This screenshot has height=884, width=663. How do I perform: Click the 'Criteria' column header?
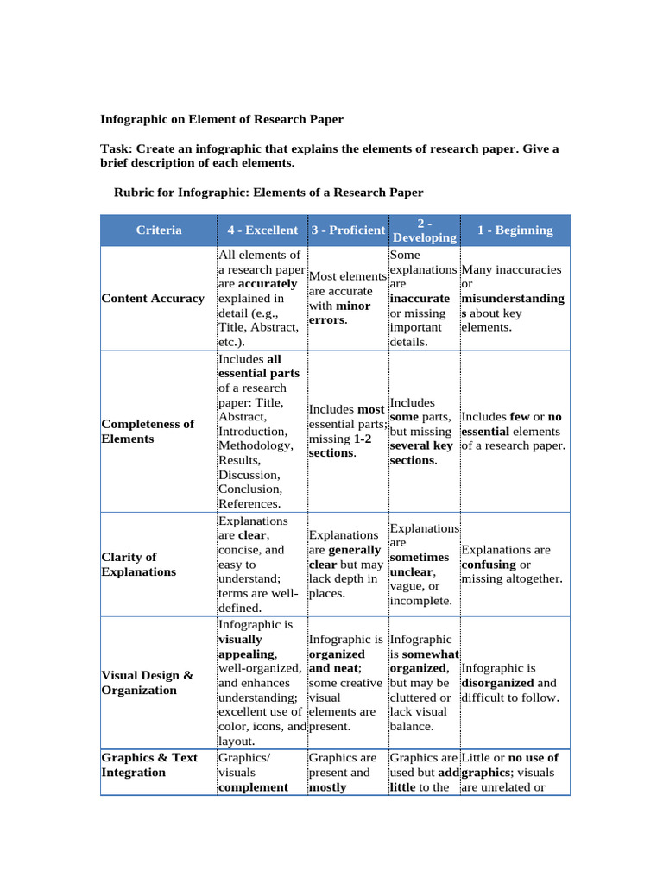pos(159,230)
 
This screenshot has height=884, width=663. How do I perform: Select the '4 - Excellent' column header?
pos(262,230)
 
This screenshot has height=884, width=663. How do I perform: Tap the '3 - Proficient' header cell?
pos(348,230)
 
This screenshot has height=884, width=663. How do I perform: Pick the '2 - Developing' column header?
pos(424,230)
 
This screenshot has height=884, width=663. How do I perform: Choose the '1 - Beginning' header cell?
pos(515,230)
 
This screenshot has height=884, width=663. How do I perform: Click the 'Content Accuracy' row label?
pos(153,299)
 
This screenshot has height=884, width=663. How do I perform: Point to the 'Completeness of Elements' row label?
pos(148,432)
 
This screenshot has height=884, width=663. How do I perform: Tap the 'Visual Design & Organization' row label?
pos(147,683)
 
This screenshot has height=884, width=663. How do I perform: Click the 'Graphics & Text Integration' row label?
pos(149,765)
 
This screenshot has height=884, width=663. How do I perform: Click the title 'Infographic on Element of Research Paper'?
pos(222,119)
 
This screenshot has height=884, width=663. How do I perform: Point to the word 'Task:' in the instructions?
pos(117,148)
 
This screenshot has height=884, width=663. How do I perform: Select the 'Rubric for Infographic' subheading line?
pos(268,192)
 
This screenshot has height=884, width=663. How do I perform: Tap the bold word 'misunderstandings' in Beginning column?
pos(512,306)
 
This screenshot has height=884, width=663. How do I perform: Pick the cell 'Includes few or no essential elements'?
pos(514,432)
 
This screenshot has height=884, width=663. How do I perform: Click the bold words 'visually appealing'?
pos(246,647)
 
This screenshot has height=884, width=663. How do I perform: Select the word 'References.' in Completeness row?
pos(249,503)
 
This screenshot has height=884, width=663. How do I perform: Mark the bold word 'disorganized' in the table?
pos(498,683)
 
